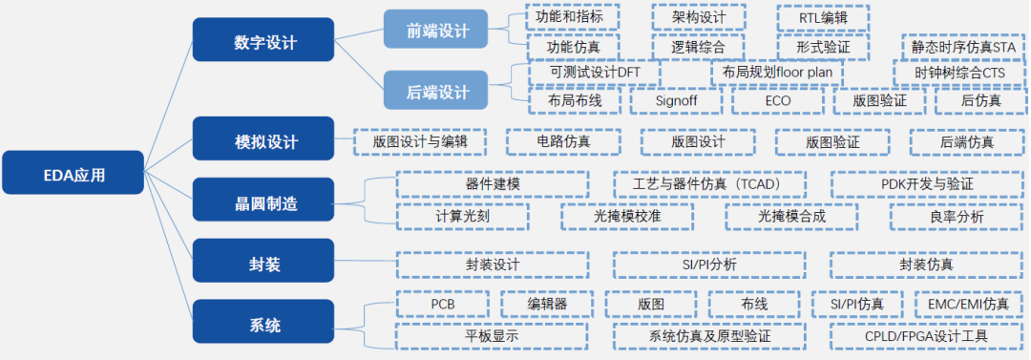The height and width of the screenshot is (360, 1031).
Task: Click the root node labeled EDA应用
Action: [x=74, y=175]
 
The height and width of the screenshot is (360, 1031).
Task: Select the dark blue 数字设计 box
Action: [x=264, y=43]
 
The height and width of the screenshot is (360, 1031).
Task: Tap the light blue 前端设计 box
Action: [x=437, y=32]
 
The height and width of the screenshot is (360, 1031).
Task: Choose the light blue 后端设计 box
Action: [x=437, y=93]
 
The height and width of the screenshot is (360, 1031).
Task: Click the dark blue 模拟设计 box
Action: [x=264, y=142]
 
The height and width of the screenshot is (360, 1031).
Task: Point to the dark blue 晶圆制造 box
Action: [x=264, y=203]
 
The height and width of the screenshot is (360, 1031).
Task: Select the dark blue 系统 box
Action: [x=264, y=326]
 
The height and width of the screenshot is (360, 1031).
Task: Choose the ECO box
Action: [x=777, y=100]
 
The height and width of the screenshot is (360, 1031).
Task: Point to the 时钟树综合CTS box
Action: [x=959, y=72]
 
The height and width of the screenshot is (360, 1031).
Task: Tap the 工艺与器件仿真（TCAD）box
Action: [x=709, y=183]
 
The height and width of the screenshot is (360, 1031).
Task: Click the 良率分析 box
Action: [x=956, y=217]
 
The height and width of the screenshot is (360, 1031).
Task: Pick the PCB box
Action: [x=443, y=305]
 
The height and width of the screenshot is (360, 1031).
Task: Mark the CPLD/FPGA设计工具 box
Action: [x=927, y=336]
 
